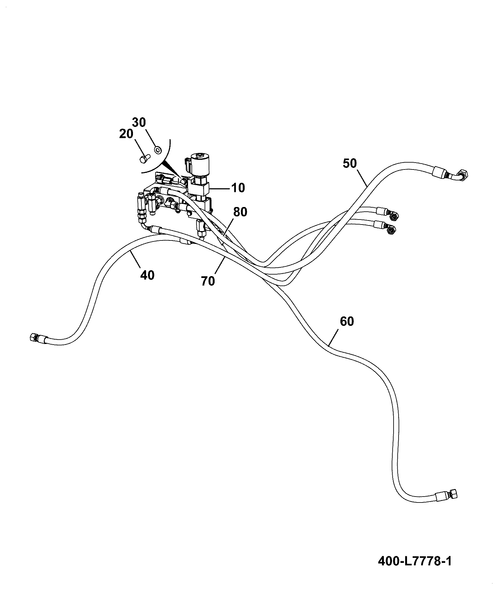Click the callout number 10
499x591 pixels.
click(238, 188)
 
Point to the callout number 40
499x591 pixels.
click(147, 275)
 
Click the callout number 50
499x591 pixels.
click(350, 163)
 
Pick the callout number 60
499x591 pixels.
click(347, 321)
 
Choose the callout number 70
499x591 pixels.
click(208, 281)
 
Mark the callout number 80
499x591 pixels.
click(240, 212)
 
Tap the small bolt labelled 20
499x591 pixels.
click(145, 158)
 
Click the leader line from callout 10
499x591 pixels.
click(220, 188)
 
